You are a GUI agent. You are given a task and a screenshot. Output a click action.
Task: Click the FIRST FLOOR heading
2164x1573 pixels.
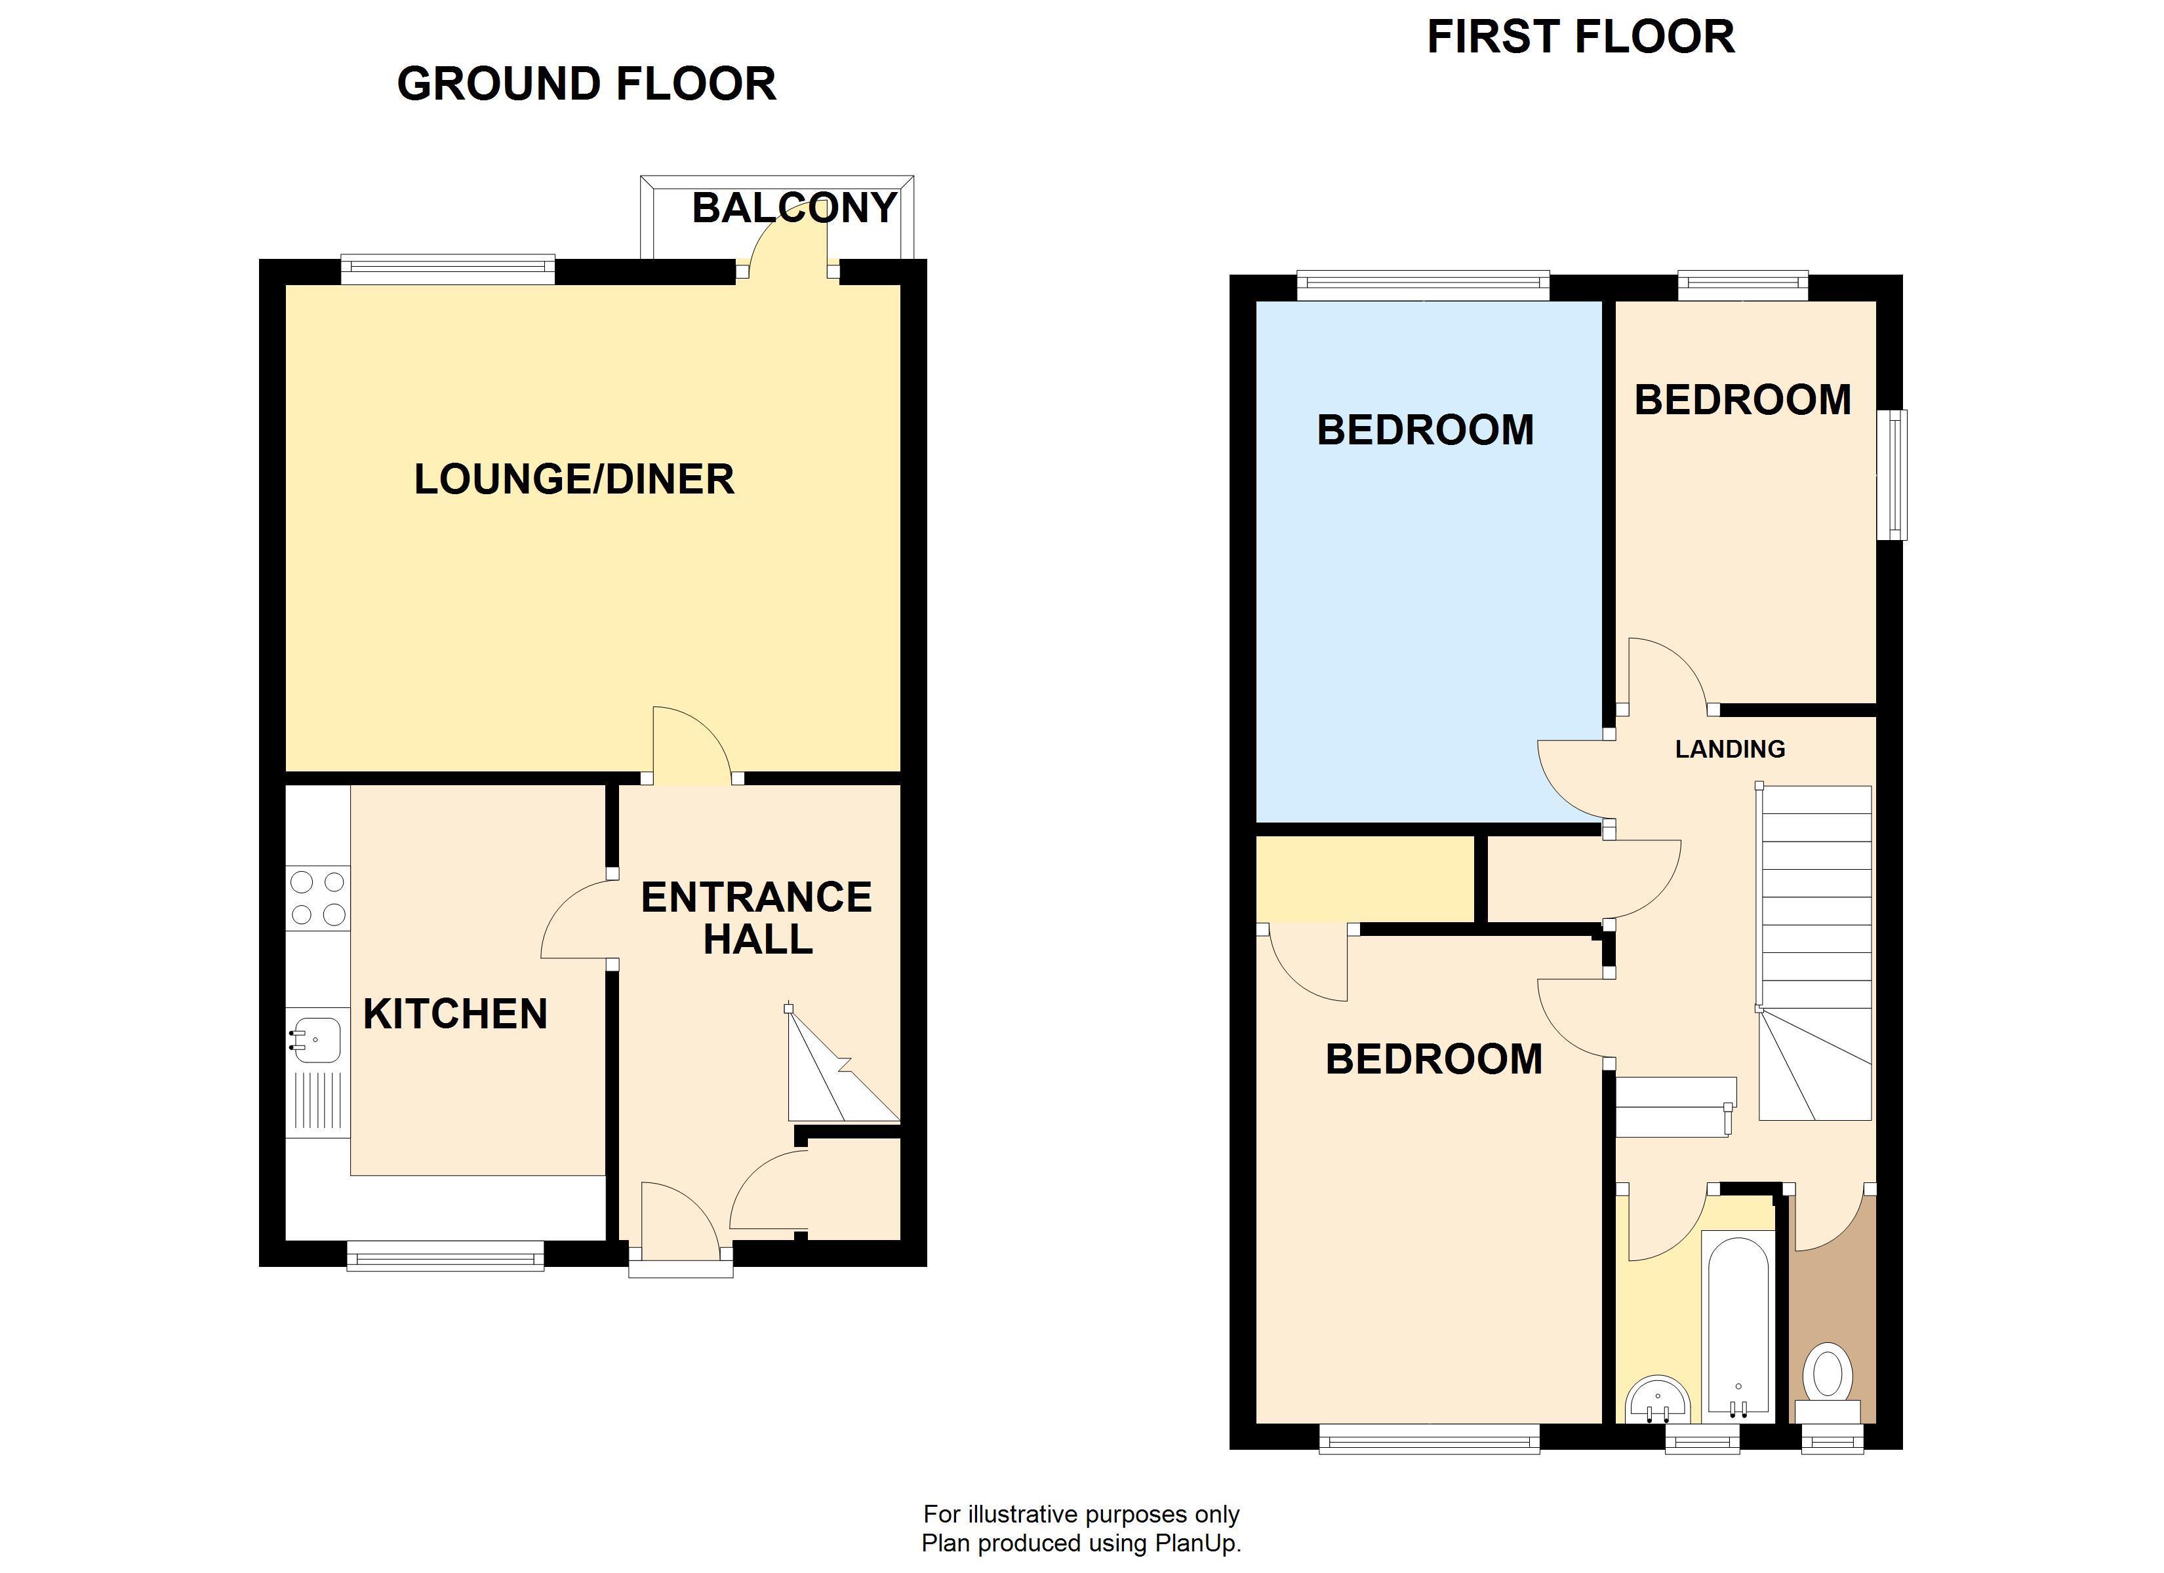pyautogui.click(x=1580, y=37)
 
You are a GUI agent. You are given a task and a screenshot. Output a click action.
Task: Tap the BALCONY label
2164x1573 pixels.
pyautogui.click(x=794, y=208)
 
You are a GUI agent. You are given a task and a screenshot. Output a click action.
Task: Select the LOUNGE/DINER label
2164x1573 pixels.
pyautogui.click(x=573, y=479)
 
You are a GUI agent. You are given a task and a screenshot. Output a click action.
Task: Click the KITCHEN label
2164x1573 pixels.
pyautogui.click(x=455, y=1014)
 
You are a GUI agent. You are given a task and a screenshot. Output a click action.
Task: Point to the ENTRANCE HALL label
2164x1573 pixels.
pyautogui.click(x=755, y=918)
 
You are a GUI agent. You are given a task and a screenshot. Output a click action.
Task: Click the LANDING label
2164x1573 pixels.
pyautogui.click(x=1730, y=749)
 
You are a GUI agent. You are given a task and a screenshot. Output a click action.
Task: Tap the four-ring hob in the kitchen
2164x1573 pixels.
pyautogui.click(x=318, y=899)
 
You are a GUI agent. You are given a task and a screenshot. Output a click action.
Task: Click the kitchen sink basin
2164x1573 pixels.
pyautogui.click(x=317, y=1039)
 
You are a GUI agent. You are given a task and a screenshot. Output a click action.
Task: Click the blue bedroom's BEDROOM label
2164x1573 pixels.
pyautogui.click(x=1426, y=430)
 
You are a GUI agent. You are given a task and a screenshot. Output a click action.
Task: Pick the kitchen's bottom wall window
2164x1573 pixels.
pyautogui.click(x=445, y=1255)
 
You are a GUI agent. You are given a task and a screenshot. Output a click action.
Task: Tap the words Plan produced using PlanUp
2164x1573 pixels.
pyautogui.click(x=1081, y=1542)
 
